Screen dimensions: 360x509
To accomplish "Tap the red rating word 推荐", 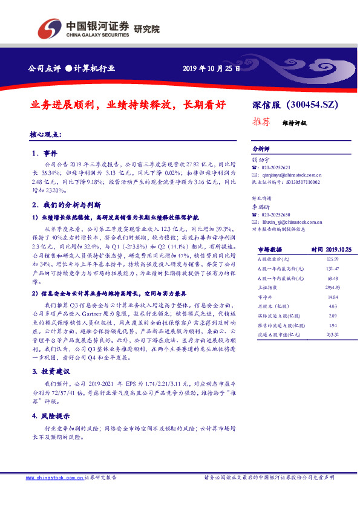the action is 261,122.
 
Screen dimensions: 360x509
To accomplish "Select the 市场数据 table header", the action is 270,248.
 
